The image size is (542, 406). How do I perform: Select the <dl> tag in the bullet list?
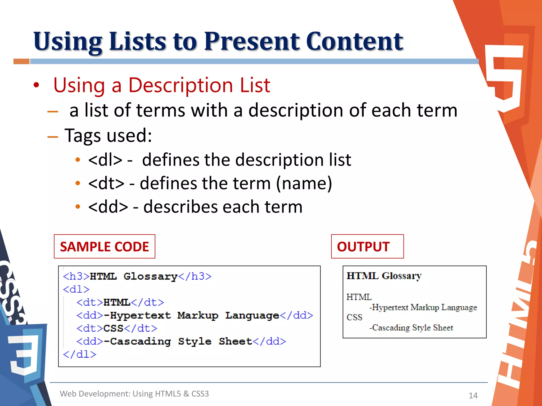click(105, 160)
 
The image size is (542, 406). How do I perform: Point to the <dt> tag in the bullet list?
click(106, 183)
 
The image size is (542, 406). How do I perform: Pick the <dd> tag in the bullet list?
click(108, 207)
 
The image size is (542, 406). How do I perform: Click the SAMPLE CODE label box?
click(105, 246)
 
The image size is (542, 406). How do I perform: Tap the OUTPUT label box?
click(367, 246)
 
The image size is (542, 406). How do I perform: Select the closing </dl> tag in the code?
click(80, 354)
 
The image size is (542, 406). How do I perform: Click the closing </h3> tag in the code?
click(195, 276)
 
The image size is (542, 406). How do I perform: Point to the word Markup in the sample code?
click(198, 315)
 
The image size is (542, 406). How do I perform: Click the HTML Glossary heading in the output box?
click(384, 276)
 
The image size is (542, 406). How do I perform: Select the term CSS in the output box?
click(354, 317)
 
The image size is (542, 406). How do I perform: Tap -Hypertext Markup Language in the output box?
click(423, 307)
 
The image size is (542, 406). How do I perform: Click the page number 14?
click(473, 395)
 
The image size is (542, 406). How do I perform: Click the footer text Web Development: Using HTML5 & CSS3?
click(134, 394)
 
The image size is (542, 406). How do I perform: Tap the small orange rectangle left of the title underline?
click(21, 61)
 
